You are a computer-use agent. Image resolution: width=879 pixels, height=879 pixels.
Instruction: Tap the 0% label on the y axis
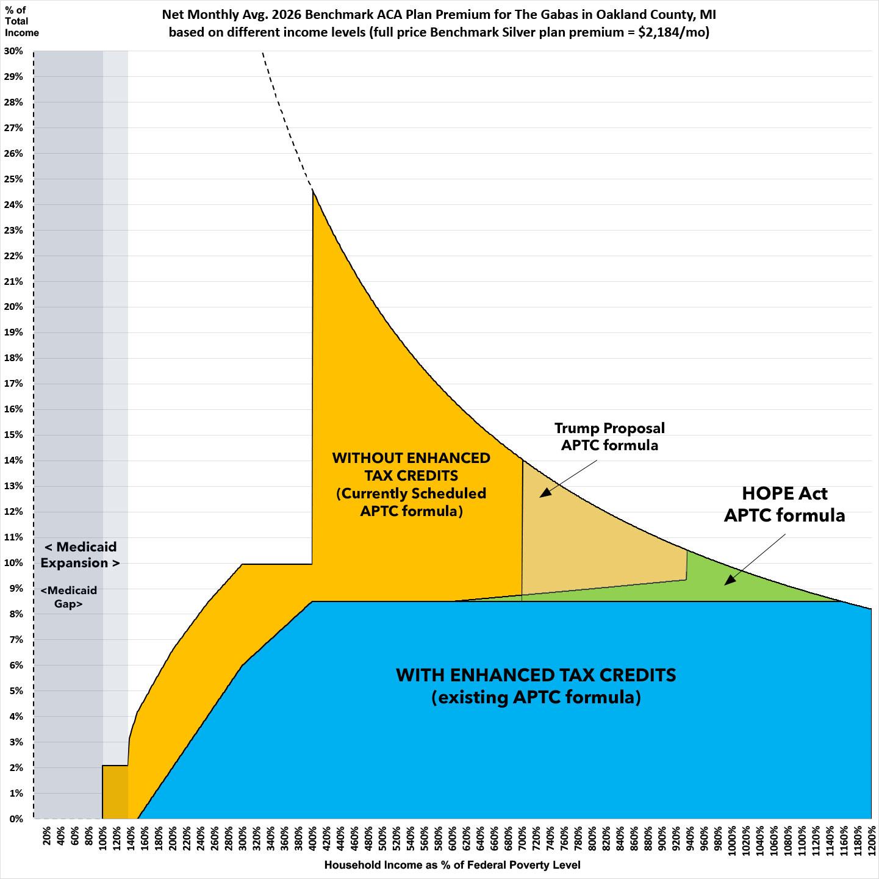[x=16, y=819]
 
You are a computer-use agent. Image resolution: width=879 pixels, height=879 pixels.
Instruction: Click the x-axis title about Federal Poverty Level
[x=452, y=865]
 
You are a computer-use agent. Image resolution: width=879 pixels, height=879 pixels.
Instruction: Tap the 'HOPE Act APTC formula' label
[x=784, y=504]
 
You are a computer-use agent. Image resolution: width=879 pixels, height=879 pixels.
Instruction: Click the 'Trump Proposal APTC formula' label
[x=609, y=437]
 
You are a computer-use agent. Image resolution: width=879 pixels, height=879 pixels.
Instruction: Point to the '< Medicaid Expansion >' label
[x=80, y=554]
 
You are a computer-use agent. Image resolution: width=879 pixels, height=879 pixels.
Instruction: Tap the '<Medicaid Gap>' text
[x=69, y=597]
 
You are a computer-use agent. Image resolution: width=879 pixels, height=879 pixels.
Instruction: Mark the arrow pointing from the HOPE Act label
[x=755, y=559]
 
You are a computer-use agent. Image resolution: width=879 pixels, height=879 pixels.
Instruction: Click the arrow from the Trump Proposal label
[x=569, y=478]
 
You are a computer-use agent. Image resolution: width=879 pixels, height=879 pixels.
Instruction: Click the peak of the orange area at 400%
[x=313, y=190]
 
